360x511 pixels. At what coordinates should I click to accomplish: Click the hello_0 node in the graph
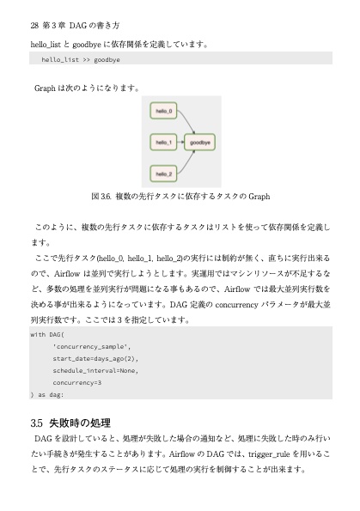point(162,112)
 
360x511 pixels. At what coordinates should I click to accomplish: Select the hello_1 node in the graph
point(162,143)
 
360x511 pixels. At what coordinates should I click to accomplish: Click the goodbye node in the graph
point(200,143)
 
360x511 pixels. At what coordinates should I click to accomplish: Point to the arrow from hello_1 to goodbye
point(180,143)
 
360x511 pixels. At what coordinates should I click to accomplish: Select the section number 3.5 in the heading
point(36,423)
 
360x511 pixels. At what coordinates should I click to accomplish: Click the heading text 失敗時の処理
point(80,423)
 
